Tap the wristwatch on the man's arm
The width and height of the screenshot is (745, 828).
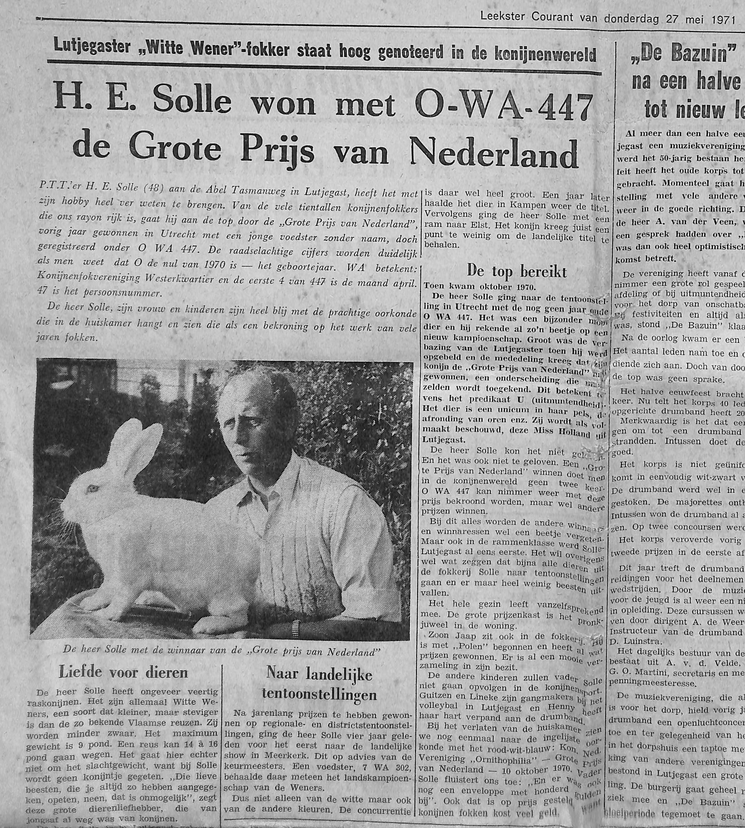[294, 627]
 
